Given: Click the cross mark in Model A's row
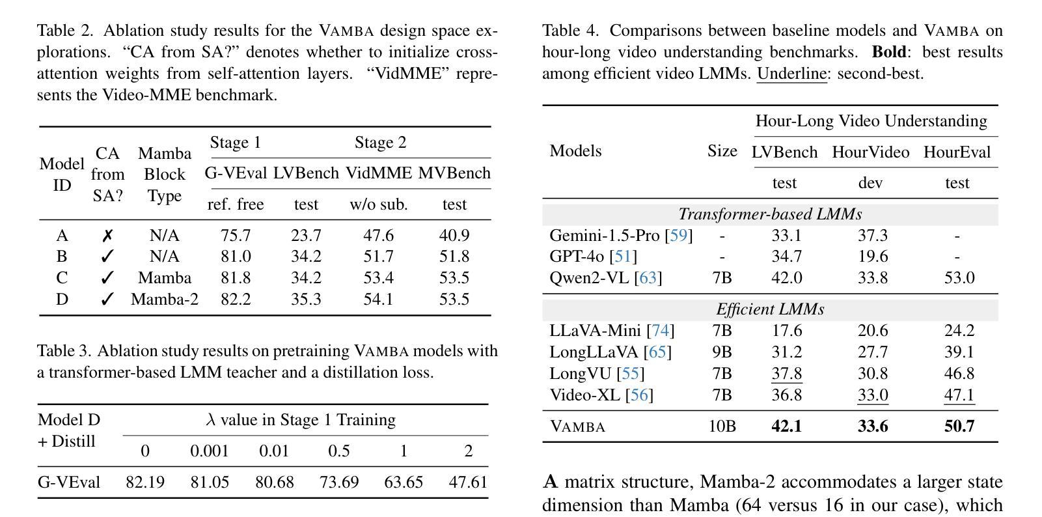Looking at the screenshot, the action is [x=107, y=236].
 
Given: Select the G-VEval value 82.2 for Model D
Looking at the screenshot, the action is [x=236, y=299].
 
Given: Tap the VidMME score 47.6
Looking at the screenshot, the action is [x=378, y=236].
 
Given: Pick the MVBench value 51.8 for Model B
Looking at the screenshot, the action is [x=454, y=257].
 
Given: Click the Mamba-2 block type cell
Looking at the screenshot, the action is [x=165, y=299].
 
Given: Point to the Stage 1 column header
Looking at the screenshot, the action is [x=236, y=143].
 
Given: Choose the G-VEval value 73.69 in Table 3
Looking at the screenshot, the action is [x=339, y=482].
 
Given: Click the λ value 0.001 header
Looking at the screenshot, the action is [x=210, y=451].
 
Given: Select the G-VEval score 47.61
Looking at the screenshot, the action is [x=468, y=482].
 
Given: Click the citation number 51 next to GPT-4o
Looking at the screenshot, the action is [x=623, y=257].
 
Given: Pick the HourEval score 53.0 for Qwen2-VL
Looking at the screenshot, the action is [x=959, y=278].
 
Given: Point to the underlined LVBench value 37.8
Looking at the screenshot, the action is [x=787, y=374].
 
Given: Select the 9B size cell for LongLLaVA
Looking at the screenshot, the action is [x=722, y=352].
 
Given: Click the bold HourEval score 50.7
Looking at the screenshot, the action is [x=959, y=426].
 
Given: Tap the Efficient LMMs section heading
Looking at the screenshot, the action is [x=771, y=309].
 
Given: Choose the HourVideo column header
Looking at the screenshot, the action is [x=870, y=152].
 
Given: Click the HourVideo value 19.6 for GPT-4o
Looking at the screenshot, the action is [x=873, y=257].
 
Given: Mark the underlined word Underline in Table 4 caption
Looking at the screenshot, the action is [x=791, y=74].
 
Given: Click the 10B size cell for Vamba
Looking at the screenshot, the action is [x=722, y=426].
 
